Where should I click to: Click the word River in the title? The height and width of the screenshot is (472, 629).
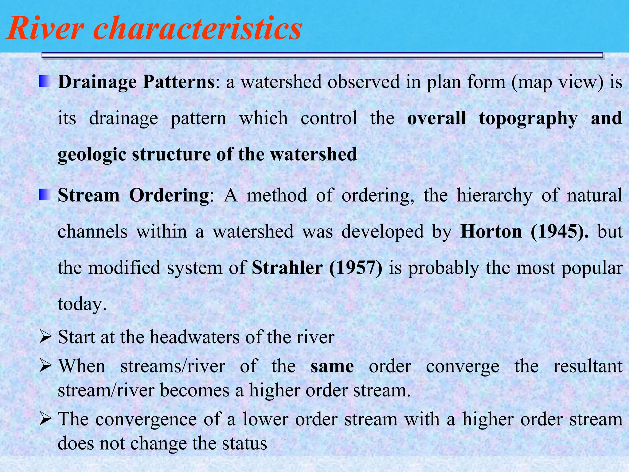click(x=45, y=28)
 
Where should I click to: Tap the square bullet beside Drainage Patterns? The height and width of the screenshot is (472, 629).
click(x=45, y=82)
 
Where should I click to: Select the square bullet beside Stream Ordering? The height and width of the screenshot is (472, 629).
click(x=45, y=195)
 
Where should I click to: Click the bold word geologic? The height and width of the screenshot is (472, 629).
click(x=92, y=155)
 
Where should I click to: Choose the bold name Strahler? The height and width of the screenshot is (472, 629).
click(x=287, y=268)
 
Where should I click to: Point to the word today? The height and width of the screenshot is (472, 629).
click(x=82, y=304)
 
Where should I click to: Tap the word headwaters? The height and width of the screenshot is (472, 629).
click(x=195, y=337)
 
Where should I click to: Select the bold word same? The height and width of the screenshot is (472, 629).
click(x=332, y=366)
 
